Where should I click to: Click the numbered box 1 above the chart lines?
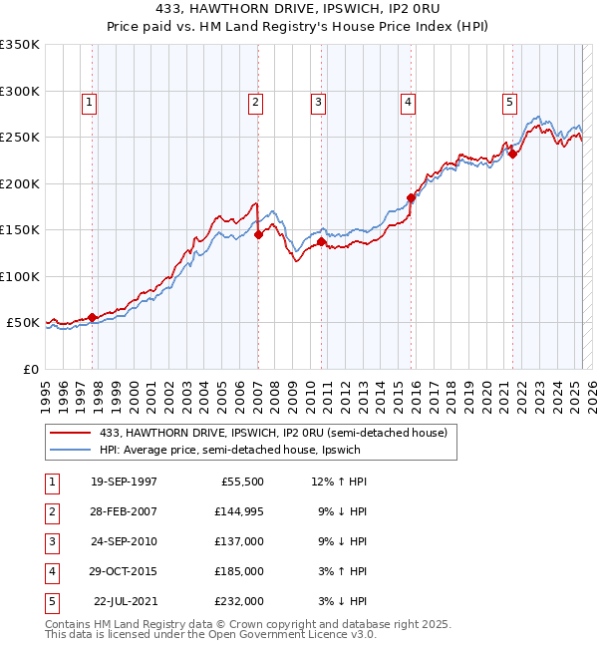click(90, 101)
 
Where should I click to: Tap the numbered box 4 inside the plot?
click(409, 101)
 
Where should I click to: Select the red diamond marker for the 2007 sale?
click(258, 235)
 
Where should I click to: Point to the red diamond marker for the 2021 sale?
click(512, 154)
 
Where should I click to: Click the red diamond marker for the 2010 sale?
click(322, 241)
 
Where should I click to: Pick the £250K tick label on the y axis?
click(20, 138)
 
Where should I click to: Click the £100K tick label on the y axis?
click(20, 276)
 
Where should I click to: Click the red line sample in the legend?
click(72, 433)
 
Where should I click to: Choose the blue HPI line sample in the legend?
click(72, 450)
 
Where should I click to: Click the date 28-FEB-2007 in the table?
click(124, 511)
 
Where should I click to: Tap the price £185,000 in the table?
click(239, 571)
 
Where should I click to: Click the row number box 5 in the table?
click(50, 601)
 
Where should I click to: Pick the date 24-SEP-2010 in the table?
click(124, 541)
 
